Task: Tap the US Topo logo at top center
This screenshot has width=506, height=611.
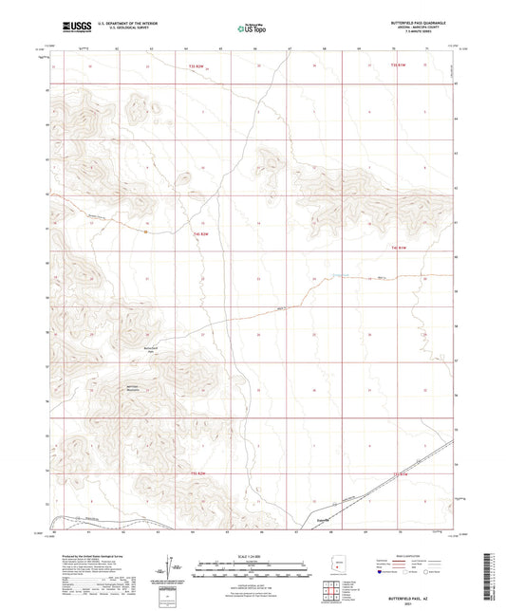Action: point(252,28)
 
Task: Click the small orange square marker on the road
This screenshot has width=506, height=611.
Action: point(144,230)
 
